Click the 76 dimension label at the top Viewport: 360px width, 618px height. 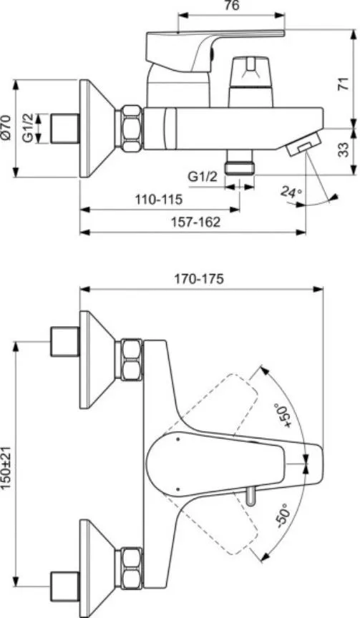coord(232,6)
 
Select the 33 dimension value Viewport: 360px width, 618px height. coord(344,149)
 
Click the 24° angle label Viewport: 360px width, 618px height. coord(291,192)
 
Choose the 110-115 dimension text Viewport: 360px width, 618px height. coord(159,200)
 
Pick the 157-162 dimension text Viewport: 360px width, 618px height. coord(195,222)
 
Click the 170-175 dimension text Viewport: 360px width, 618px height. coord(199,279)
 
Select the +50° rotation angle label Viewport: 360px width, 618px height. coord(285,416)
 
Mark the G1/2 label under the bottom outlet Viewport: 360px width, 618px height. coord(203,177)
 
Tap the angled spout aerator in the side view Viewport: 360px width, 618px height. coord(303,144)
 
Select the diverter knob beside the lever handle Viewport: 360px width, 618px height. coord(251,82)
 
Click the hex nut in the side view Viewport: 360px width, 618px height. coord(130,128)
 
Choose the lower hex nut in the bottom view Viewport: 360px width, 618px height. coord(130,568)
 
